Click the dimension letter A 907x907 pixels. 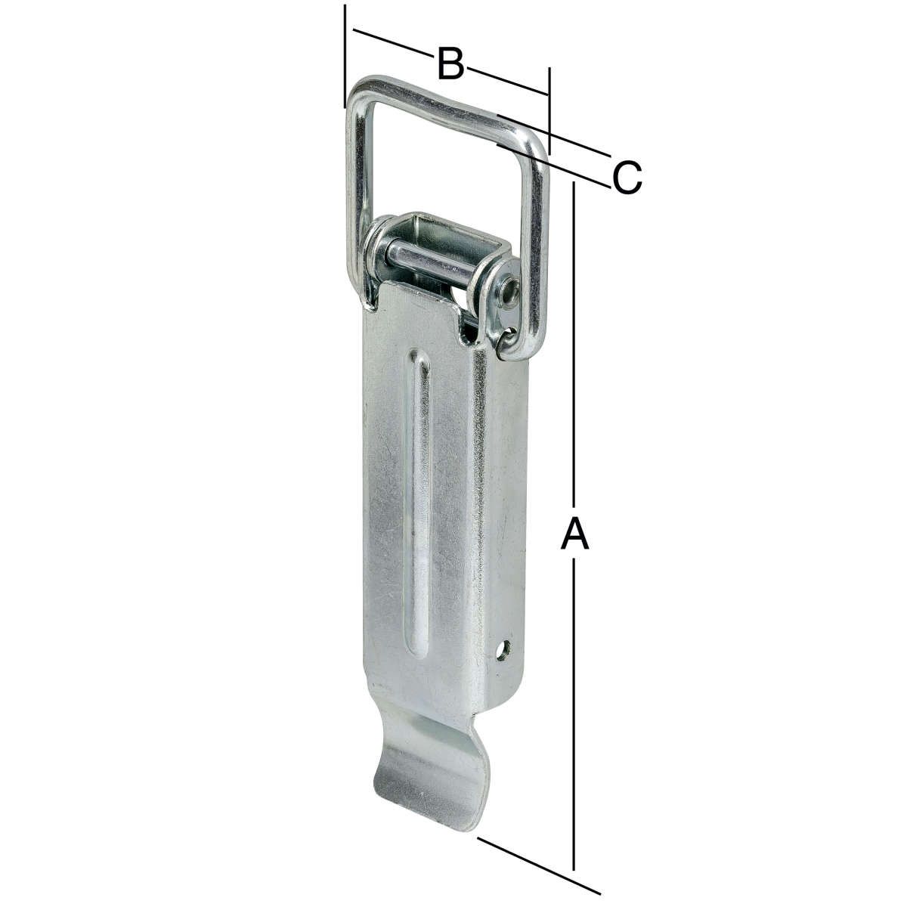coord(574,533)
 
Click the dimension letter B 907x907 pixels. coord(450,63)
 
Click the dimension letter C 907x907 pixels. coord(627,178)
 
